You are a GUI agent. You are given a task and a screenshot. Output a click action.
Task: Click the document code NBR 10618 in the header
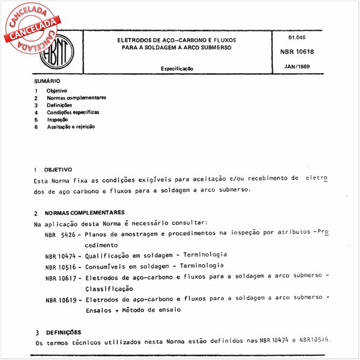[296, 52]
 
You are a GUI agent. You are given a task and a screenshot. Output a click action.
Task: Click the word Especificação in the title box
[177, 69]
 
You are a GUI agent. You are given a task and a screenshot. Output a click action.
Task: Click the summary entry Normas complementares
[76, 97]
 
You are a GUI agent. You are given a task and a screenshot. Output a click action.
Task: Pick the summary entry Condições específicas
[73, 112]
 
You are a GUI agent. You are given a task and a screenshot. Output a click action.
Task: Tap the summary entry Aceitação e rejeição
[70, 127]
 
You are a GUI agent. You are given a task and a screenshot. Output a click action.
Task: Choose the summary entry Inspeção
[57, 120]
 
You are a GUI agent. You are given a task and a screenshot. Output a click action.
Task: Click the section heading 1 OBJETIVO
[54, 170]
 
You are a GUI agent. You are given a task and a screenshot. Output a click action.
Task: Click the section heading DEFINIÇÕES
[63, 332]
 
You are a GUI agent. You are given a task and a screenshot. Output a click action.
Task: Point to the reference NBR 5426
[59, 234]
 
